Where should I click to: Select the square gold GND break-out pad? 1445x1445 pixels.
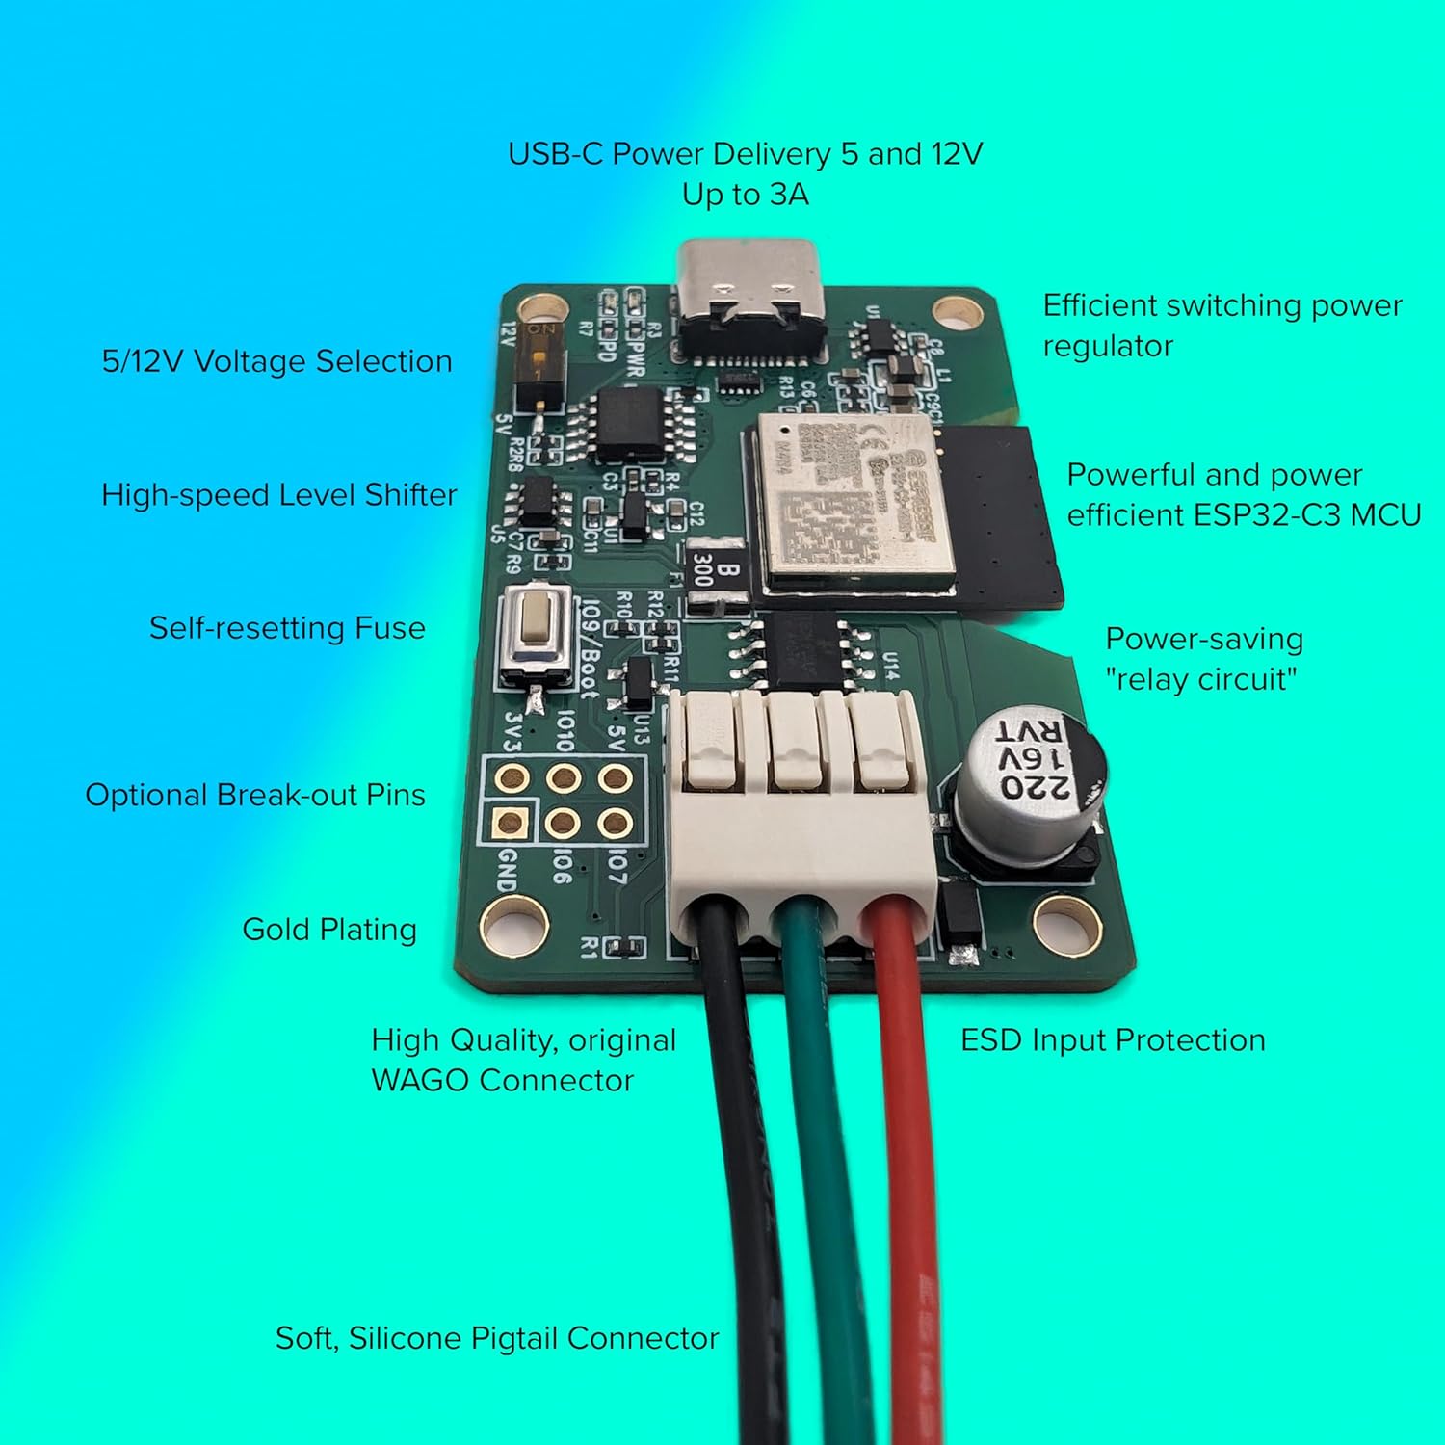(509, 823)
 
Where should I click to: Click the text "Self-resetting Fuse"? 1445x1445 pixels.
(287, 628)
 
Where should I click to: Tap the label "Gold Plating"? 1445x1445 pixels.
(329, 930)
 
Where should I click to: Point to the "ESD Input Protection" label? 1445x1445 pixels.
(1113, 1040)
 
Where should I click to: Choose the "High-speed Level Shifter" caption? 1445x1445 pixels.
(279, 495)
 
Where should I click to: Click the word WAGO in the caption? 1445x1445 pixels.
(420, 1081)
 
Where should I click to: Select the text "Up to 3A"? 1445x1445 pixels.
(745, 195)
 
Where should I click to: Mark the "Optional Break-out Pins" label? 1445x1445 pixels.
(255, 796)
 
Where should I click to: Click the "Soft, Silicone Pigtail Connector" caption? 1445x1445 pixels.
(497, 1338)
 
